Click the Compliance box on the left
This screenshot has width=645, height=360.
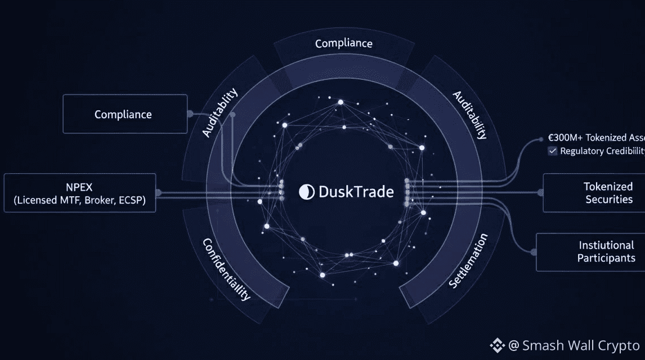coord(124,114)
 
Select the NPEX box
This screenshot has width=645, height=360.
coord(79,193)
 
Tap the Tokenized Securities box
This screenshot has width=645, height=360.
coord(595,193)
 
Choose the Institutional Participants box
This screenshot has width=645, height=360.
coord(592,252)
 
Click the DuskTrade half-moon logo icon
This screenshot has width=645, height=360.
coord(307,192)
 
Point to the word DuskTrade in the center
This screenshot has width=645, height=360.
coord(356,192)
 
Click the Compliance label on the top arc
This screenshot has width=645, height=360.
coord(343,43)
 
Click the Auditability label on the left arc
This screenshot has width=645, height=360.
coord(220,112)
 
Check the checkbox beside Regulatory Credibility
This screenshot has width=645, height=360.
coord(553,151)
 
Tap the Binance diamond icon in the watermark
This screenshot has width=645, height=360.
coord(497,345)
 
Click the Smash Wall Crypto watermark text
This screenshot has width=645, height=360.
coord(580,345)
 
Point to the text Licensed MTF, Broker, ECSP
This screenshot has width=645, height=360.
coord(79,201)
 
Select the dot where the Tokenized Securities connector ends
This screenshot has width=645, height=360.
coord(541,192)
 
